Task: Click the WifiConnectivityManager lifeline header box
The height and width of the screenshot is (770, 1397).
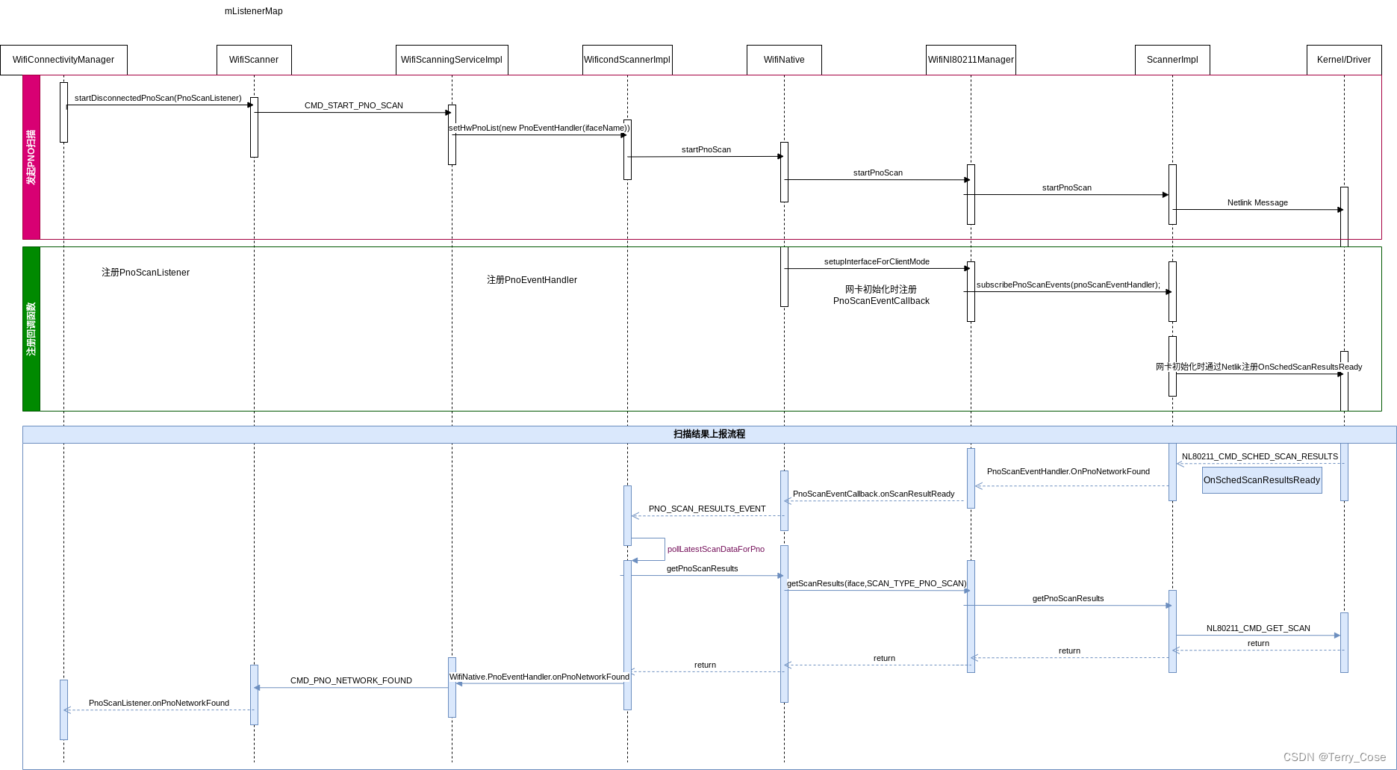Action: [63, 60]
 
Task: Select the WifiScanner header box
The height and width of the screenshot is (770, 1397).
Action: [254, 60]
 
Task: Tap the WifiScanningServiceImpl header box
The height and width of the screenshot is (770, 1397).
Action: [452, 60]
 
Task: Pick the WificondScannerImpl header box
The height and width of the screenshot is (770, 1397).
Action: [627, 60]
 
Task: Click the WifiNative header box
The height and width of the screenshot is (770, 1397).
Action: [784, 60]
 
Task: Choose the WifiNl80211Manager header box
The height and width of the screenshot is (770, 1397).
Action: [971, 60]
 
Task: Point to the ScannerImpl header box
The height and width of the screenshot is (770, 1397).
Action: [1172, 60]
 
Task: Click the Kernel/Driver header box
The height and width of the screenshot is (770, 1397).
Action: [1344, 60]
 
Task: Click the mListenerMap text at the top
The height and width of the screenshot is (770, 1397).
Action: [254, 11]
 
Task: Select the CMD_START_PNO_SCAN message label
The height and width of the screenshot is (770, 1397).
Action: [354, 105]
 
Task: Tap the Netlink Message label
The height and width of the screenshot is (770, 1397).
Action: [1257, 202]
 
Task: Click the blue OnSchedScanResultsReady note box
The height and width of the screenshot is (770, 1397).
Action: [1262, 480]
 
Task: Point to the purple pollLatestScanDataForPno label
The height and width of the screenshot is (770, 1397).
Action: [716, 549]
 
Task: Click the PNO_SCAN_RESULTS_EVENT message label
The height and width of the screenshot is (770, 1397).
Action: [707, 509]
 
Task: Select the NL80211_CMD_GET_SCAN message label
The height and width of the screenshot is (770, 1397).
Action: [1258, 628]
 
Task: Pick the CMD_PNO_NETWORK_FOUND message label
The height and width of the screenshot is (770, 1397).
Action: [351, 680]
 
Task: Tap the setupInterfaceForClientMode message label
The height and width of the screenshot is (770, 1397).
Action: [877, 261]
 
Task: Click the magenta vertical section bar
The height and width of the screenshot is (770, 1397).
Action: [31, 157]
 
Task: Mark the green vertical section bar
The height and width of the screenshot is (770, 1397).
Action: [31, 329]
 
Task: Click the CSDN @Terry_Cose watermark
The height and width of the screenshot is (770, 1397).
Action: [1334, 757]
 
